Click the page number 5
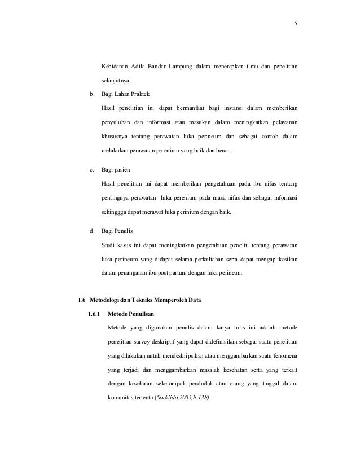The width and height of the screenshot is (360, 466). coord(295,24)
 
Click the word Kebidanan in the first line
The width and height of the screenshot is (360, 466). coord(116,68)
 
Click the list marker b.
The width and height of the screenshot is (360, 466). coord(92,94)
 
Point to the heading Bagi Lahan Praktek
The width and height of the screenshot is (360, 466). coord(125,94)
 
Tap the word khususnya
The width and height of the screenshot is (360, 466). coord(115,137)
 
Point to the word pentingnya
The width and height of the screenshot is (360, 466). coord(117,198)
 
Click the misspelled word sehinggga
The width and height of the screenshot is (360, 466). coord(116,212)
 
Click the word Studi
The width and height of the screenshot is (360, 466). coord(108,245)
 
